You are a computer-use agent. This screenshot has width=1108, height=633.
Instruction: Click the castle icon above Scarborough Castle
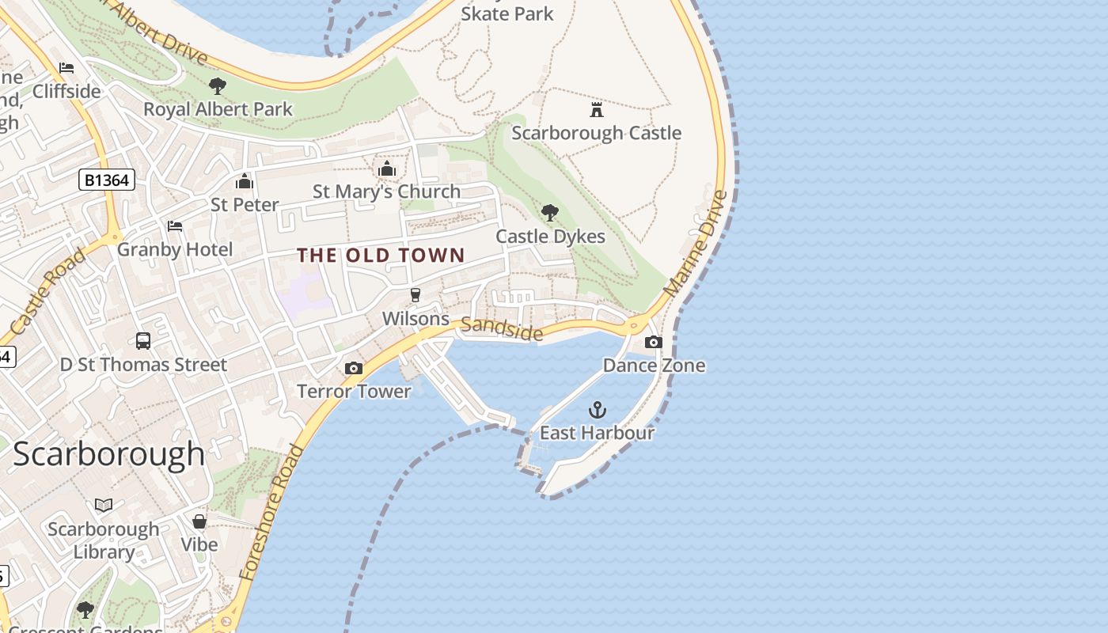597,109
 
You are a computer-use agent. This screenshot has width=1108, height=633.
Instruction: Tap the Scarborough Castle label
596,133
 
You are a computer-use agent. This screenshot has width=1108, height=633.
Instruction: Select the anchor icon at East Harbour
598,410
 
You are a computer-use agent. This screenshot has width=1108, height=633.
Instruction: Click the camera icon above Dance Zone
654,342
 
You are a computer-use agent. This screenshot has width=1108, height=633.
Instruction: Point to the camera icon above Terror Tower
354,368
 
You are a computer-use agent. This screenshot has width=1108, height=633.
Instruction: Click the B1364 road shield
107,180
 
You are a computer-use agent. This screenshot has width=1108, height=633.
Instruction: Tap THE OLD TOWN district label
381,256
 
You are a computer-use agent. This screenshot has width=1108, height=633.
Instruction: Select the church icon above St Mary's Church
387,169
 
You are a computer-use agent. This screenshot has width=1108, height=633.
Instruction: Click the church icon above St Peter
245,182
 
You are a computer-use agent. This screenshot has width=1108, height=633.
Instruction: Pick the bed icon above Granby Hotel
175,226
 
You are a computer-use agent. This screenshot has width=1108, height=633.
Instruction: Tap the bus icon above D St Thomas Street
143,341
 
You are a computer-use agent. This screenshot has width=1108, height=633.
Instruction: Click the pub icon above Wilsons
415,295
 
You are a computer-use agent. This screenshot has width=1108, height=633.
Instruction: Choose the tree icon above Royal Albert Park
218,85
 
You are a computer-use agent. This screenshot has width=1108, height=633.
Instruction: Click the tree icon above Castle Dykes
550,212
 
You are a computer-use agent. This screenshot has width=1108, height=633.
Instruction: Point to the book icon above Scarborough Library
104,505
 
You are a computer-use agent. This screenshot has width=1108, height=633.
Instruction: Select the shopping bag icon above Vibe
199,521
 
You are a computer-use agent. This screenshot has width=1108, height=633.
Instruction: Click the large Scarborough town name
109,454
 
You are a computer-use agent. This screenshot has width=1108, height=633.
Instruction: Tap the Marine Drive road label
696,244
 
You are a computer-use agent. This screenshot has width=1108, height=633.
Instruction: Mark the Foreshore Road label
271,514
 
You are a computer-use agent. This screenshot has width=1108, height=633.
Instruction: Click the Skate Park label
507,13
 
